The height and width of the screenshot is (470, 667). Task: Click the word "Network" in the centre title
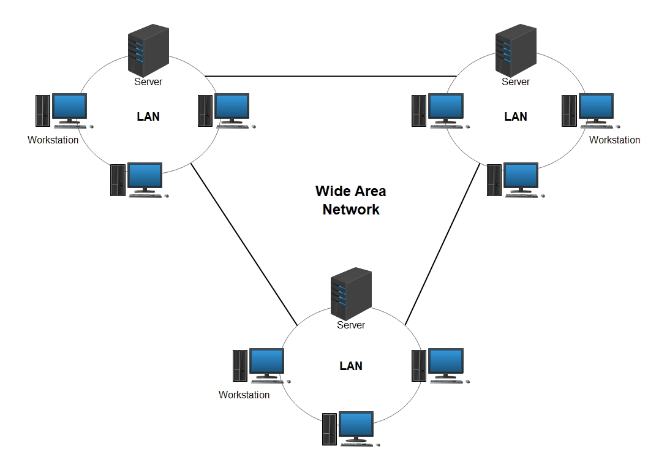[351, 210]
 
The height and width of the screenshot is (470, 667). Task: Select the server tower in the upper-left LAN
[148, 50]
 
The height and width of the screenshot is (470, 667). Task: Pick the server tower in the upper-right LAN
[516, 50]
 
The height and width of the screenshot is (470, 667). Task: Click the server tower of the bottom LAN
[351, 293]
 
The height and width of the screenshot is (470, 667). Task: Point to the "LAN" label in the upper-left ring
[148, 116]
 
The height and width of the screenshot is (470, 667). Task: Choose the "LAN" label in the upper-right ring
[516, 116]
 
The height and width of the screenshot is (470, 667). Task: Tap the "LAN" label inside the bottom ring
[351, 366]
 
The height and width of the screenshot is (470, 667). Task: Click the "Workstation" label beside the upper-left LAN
[53, 140]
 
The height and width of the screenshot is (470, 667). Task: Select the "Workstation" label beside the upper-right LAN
[614, 140]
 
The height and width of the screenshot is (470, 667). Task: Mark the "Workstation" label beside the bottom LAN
[244, 395]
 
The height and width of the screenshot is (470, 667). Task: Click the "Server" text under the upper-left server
[148, 81]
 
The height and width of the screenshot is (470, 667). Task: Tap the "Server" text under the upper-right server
[516, 81]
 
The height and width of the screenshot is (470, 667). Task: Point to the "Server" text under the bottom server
[351, 325]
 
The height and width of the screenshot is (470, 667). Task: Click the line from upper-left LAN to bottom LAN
[245, 245]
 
